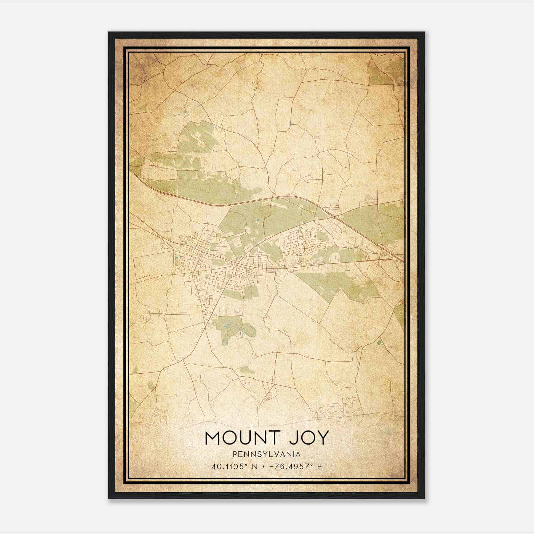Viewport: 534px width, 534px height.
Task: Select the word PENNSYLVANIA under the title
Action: tap(267, 454)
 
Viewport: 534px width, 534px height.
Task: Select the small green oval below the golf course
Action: tap(247, 370)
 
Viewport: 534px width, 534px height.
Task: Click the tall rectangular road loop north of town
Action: tap(284, 113)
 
